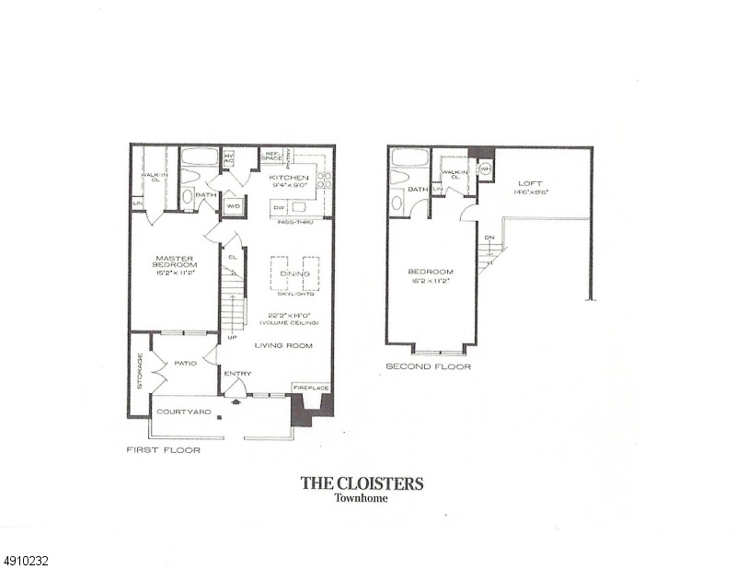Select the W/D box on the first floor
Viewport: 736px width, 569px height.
[233, 205]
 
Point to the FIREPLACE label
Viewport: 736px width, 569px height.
[312, 389]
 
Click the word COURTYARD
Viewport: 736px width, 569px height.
[183, 412]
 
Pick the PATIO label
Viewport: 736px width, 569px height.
[186, 363]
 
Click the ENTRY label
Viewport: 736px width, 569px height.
[237, 373]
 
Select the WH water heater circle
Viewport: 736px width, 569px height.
[487, 169]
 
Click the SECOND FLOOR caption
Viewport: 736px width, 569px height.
[428, 366]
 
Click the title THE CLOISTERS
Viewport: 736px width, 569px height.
[362, 482]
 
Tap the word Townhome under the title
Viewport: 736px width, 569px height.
[362, 500]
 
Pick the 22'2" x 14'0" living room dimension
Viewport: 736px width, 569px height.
[289, 316]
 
